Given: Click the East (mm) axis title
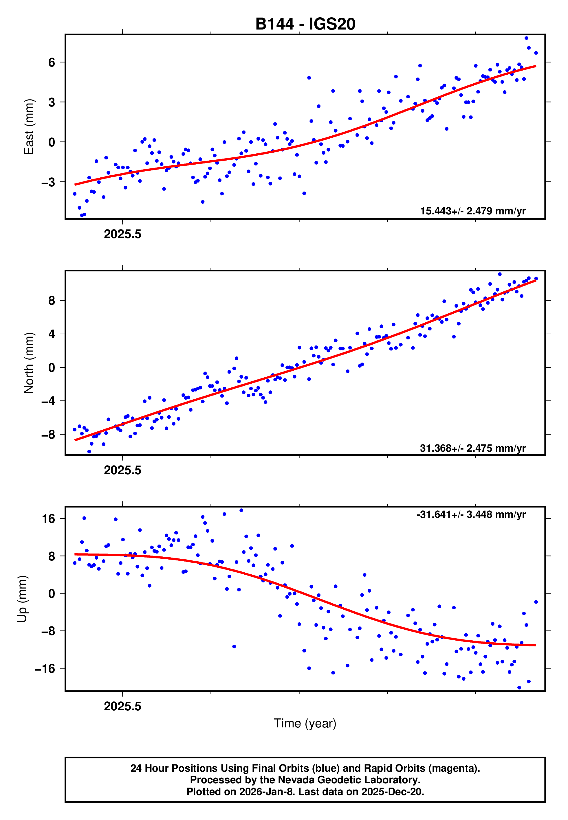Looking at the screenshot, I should (x=29, y=127).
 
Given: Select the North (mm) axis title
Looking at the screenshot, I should (x=29, y=363).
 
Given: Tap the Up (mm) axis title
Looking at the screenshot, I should (x=22, y=599).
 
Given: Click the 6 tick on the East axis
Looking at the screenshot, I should (x=52, y=62).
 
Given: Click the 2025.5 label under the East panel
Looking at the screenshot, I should (x=122, y=234).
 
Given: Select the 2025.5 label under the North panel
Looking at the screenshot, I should (x=122, y=470).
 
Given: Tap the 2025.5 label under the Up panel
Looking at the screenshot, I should (x=122, y=706).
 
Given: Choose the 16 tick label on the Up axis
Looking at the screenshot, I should (x=49, y=519).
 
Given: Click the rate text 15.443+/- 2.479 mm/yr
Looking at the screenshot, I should (x=473, y=211).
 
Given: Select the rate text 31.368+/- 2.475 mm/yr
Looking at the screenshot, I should (x=473, y=448).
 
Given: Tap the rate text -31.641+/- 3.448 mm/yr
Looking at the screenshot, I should (x=471, y=514).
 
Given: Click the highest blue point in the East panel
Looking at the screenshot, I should (x=526, y=38).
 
